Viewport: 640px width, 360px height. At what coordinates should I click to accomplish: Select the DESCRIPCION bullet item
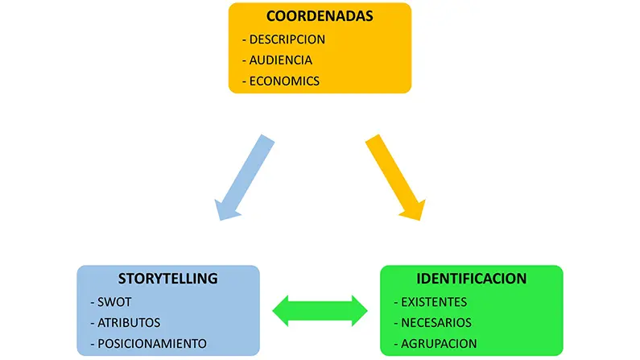pos(287,39)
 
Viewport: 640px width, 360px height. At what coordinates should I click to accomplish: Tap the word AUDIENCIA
pos(281,60)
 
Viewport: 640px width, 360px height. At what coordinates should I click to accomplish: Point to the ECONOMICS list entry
pos(284,81)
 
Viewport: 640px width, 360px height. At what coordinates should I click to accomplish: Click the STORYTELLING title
pos(168,279)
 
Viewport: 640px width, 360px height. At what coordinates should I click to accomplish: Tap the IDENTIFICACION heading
pos(471,279)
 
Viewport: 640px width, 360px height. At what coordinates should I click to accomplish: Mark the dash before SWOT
pos(94,302)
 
